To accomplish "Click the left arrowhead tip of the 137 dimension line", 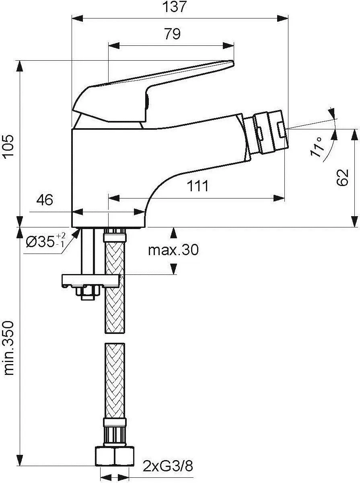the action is pyautogui.click(x=72, y=18).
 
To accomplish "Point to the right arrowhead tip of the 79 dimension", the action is pyautogui.click(x=234, y=46).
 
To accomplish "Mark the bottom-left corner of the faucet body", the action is pyautogui.click(x=72, y=227).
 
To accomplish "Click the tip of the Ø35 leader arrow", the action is pyautogui.click(x=80, y=228).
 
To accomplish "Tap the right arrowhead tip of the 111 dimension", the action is pyautogui.click(x=284, y=198).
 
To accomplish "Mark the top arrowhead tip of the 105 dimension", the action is pyautogui.click(x=20, y=61).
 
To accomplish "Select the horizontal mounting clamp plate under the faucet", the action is pyautogui.click(x=91, y=280).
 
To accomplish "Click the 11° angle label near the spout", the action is pyautogui.click(x=317, y=147).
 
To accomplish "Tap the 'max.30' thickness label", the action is pyautogui.click(x=173, y=250).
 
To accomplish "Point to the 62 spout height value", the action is pyautogui.click(x=342, y=178).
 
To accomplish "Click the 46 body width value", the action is pyautogui.click(x=45, y=200).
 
